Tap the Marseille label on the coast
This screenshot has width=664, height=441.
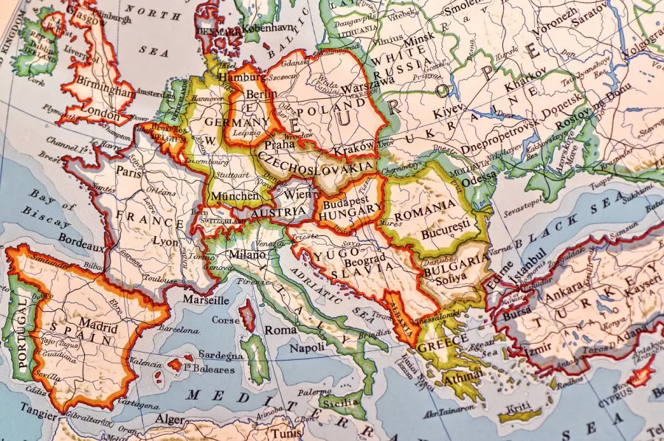204,301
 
